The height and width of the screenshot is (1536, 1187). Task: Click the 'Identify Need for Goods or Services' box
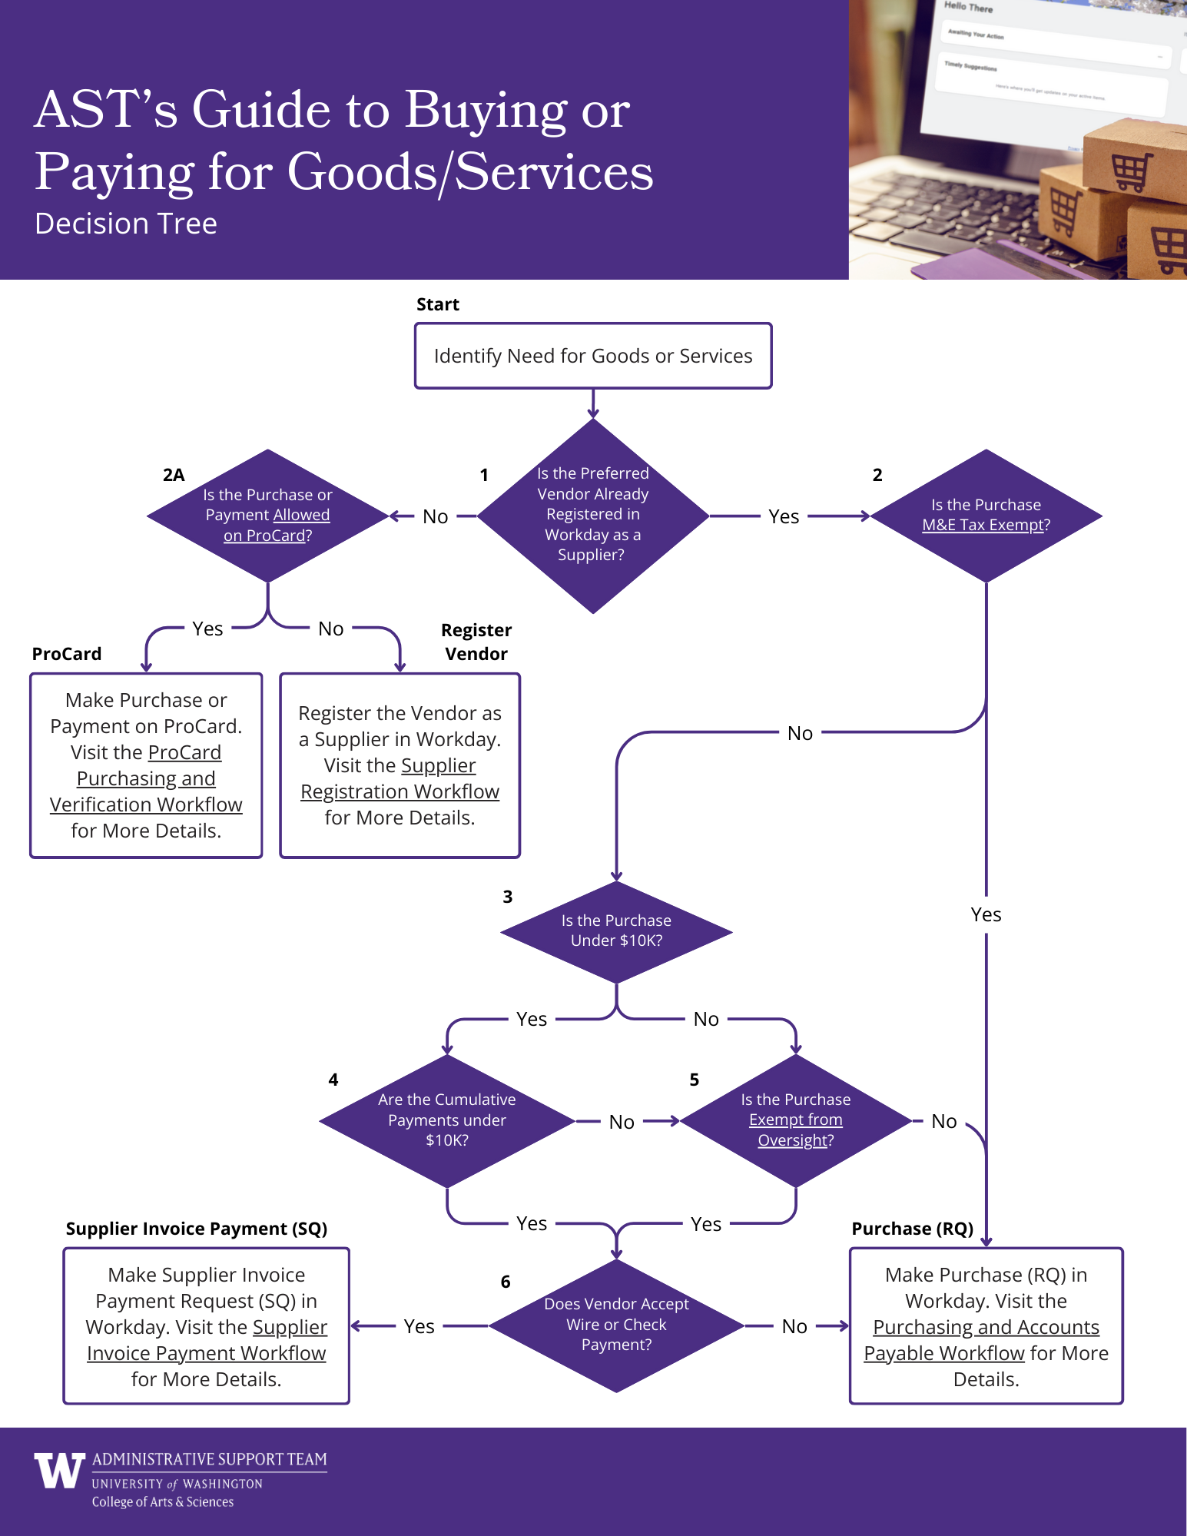(592, 356)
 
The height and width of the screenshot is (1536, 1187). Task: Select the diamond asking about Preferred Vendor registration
(592, 515)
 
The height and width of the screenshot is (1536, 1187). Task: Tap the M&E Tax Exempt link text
(986, 525)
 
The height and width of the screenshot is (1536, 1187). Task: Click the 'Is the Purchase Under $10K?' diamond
(616, 931)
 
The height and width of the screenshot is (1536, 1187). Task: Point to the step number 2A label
(174, 475)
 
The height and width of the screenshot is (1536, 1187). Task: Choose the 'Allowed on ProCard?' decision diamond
(267, 516)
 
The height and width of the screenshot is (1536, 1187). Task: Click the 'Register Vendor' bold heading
(476, 642)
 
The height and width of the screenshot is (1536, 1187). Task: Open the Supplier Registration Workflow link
(400, 779)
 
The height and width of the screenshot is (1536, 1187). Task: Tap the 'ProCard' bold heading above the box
(67, 654)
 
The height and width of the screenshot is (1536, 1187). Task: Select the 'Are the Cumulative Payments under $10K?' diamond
(446, 1120)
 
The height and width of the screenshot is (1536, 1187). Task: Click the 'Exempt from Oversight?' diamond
(795, 1120)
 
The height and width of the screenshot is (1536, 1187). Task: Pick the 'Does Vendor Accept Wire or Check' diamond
(616, 1325)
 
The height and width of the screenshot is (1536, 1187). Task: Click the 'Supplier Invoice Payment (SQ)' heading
(197, 1229)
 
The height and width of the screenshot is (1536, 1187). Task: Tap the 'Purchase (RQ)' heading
(912, 1229)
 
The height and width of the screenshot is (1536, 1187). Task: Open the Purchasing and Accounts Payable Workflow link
(986, 1340)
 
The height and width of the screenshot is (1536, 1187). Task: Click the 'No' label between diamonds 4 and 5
(622, 1122)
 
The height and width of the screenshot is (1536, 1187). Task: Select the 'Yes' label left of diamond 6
(419, 1326)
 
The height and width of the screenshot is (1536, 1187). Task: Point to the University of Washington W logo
(59, 1471)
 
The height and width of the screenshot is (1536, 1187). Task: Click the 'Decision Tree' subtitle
(126, 224)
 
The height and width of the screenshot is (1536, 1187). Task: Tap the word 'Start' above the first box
(437, 304)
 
